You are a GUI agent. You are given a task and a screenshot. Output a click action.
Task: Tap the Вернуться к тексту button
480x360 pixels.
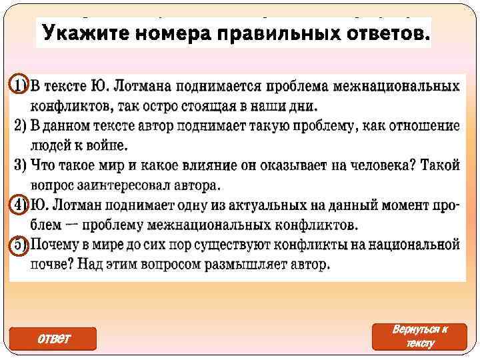420,337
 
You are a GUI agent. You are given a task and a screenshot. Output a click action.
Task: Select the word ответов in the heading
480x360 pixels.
381,31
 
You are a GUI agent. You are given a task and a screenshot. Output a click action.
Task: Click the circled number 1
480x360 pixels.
19,87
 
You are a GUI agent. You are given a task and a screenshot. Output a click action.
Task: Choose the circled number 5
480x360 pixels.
19,245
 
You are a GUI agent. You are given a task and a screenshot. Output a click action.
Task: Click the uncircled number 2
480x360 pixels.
19,125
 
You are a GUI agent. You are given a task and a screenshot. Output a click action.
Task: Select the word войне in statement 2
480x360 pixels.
108,145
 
